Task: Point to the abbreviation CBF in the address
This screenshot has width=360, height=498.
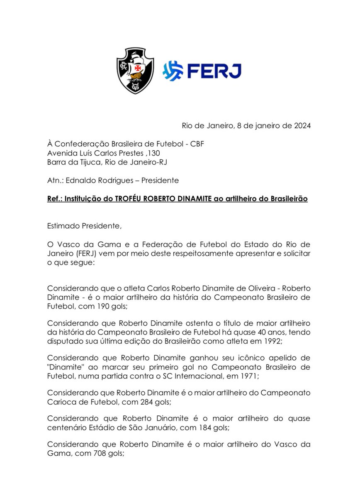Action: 197,144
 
